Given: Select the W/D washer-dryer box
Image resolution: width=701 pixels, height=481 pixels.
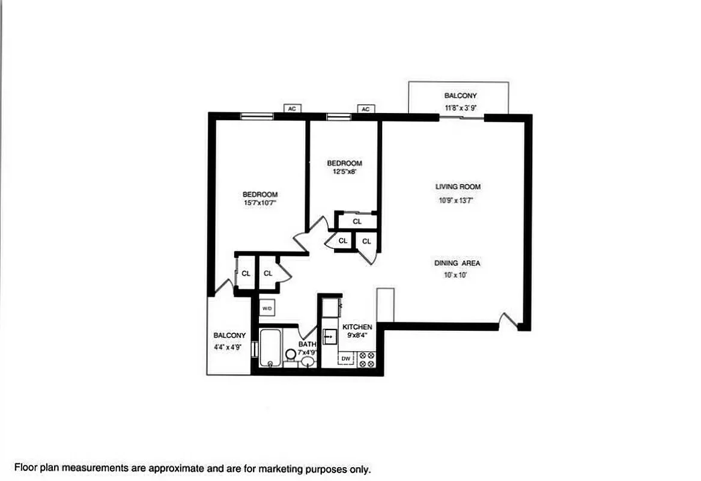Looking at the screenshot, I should click(267, 308).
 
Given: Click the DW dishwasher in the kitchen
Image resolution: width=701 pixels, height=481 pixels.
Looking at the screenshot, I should click(346, 359).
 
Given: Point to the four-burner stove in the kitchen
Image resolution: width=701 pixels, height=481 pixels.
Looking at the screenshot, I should click(366, 360).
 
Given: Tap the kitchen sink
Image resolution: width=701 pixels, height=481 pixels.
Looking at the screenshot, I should click(329, 337).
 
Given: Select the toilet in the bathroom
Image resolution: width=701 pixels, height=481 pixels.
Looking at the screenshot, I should click(291, 356).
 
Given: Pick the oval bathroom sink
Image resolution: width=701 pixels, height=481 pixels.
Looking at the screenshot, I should click(308, 361).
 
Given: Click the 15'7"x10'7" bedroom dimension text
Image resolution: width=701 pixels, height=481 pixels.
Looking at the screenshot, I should click(260, 204).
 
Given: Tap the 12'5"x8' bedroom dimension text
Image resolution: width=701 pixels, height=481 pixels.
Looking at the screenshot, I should click(344, 172).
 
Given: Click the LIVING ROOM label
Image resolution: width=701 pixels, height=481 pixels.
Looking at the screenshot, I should click(458, 187).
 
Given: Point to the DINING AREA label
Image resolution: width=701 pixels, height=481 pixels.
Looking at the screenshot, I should click(457, 263).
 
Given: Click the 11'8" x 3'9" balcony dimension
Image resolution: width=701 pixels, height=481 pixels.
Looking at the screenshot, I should click(460, 108).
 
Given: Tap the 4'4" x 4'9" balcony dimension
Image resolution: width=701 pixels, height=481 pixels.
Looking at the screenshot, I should click(228, 347).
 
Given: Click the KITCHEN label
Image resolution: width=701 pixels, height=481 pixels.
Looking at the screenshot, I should click(357, 326).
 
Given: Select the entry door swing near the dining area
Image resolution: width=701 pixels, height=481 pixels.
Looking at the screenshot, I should click(508, 321).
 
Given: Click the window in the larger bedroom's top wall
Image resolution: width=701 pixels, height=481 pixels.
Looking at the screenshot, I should click(256, 117).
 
